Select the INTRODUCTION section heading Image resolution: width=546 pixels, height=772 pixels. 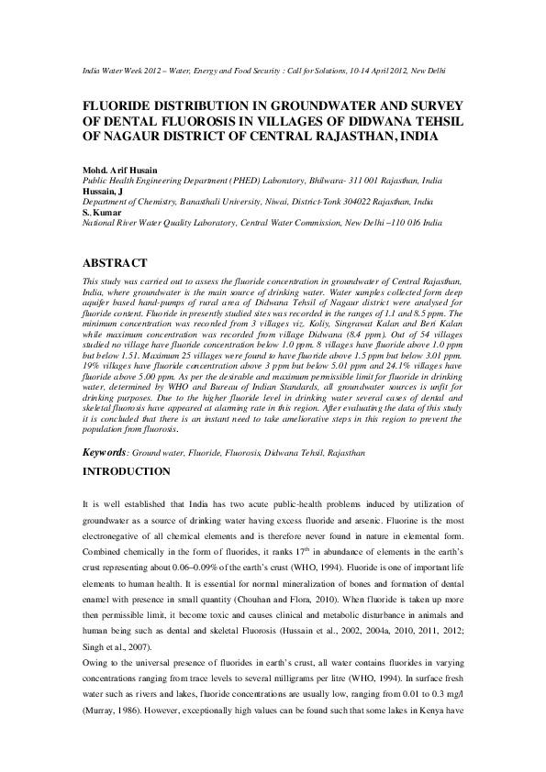(127, 471)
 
